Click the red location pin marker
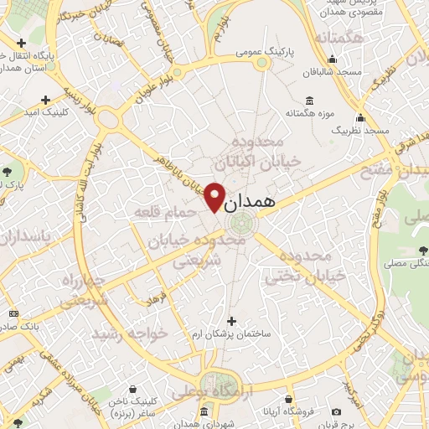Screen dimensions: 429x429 click(214, 197)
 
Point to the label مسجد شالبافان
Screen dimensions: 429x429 click(333, 71)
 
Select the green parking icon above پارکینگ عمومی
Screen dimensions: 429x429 click(261, 62)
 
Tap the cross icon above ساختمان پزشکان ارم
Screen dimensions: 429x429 click(231, 320)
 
